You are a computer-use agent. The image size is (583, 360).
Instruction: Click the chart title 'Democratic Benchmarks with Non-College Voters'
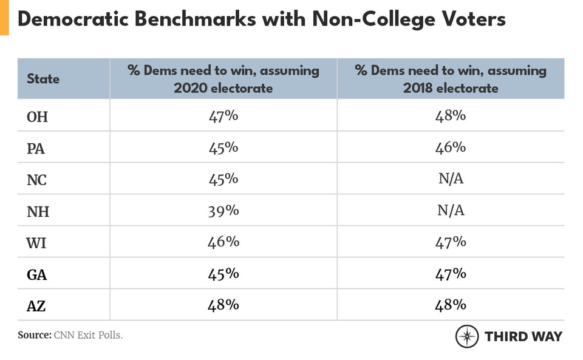pos(261,19)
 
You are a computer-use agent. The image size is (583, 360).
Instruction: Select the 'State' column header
pos(43,79)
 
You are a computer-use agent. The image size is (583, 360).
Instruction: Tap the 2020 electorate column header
pos(223,79)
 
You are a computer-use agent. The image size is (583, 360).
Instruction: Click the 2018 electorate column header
pos(451,79)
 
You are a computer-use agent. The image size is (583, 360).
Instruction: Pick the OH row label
pos(37,117)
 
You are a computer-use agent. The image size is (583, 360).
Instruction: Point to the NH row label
pos(38,211)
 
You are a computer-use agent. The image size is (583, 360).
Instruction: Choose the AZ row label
pos(36,306)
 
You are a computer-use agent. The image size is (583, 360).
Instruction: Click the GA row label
pos(37,274)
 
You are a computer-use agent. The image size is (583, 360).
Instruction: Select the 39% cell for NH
pos(223,211)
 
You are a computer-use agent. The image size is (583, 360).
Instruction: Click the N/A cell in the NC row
pos(451,179)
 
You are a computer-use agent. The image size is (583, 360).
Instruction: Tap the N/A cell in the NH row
pos(451,211)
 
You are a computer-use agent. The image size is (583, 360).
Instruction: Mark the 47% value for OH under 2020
pos(223,115)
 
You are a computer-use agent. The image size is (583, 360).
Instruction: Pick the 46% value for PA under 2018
pos(451,148)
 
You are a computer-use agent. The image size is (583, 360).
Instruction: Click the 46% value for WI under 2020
pos(223,242)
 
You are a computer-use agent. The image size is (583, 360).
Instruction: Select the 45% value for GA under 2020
pos(223,274)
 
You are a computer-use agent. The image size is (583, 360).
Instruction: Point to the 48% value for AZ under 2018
pos(451,305)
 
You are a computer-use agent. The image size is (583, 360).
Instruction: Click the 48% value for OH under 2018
pos(451,115)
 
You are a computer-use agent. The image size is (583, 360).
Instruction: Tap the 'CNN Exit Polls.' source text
pos(88,335)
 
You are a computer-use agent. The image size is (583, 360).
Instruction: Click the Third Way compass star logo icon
pos(467,336)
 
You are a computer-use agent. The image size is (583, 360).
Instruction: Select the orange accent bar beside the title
pos(4,17)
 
